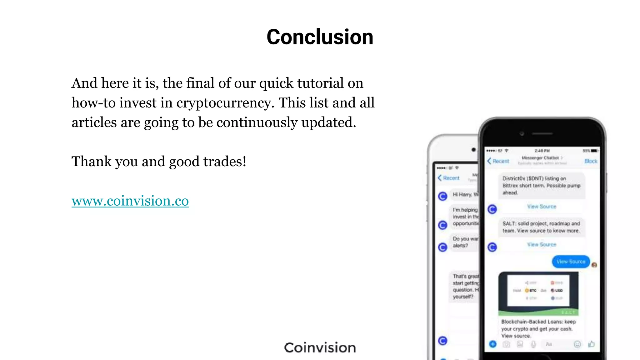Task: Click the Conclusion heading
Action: (320, 37)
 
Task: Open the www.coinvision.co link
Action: (130, 201)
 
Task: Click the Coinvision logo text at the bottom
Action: (320, 348)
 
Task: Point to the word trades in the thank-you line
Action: (223, 162)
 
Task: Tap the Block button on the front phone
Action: (591, 161)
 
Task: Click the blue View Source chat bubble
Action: (571, 262)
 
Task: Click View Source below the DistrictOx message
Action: (542, 207)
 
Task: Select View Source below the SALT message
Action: (542, 244)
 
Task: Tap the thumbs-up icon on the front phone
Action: (591, 344)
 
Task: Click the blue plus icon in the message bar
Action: (493, 344)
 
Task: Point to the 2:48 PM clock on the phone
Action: (542, 151)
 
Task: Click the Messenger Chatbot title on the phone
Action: (540, 158)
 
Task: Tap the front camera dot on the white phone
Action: (474, 150)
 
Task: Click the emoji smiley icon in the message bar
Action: (577, 344)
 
